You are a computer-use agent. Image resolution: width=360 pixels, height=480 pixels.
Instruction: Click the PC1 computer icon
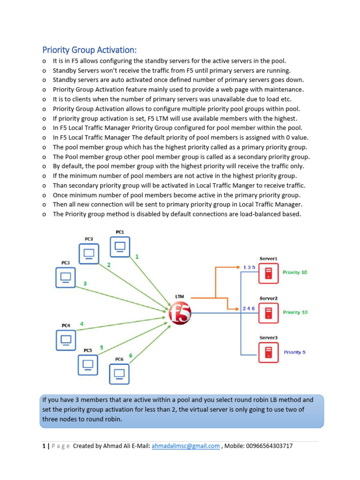pyautogui.click(x=120, y=247)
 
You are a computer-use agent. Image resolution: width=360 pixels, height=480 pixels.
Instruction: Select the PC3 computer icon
pyautogui.click(x=66, y=277)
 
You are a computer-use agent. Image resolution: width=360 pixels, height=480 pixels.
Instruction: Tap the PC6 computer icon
pyautogui.click(x=120, y=374)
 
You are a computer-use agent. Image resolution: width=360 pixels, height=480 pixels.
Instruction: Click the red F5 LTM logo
pyautogui.click(x=180, y=313)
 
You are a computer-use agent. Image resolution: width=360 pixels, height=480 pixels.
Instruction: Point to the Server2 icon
pyautogui.click(x=268, y=313)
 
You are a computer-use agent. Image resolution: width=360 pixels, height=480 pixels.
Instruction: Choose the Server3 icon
pyautogui.click(x=268, y=352)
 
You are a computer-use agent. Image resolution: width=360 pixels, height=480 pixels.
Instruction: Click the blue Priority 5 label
pyautogui.click(x=294, y=352)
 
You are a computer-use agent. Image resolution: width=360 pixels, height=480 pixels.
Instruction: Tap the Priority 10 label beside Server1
pyautogui.click(x=295, y=272)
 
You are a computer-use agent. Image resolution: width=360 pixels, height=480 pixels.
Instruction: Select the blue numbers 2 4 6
pyautogui.click(x=248, y=308)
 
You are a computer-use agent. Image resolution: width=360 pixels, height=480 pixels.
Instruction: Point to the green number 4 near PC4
pyautogui.click(x=82, y=324)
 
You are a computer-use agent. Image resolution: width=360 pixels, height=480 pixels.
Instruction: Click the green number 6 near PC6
pyautogui.click(x=130, y=356)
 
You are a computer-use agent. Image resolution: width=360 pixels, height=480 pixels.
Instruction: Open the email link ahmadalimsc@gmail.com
pyautogui.click(x=186, y=446)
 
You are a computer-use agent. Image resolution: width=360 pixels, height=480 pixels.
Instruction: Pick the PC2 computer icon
pyautogui.click(x=89, y=254)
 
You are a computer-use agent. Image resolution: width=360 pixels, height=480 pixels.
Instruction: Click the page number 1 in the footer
pyautogui.click(x=44, y=446)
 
